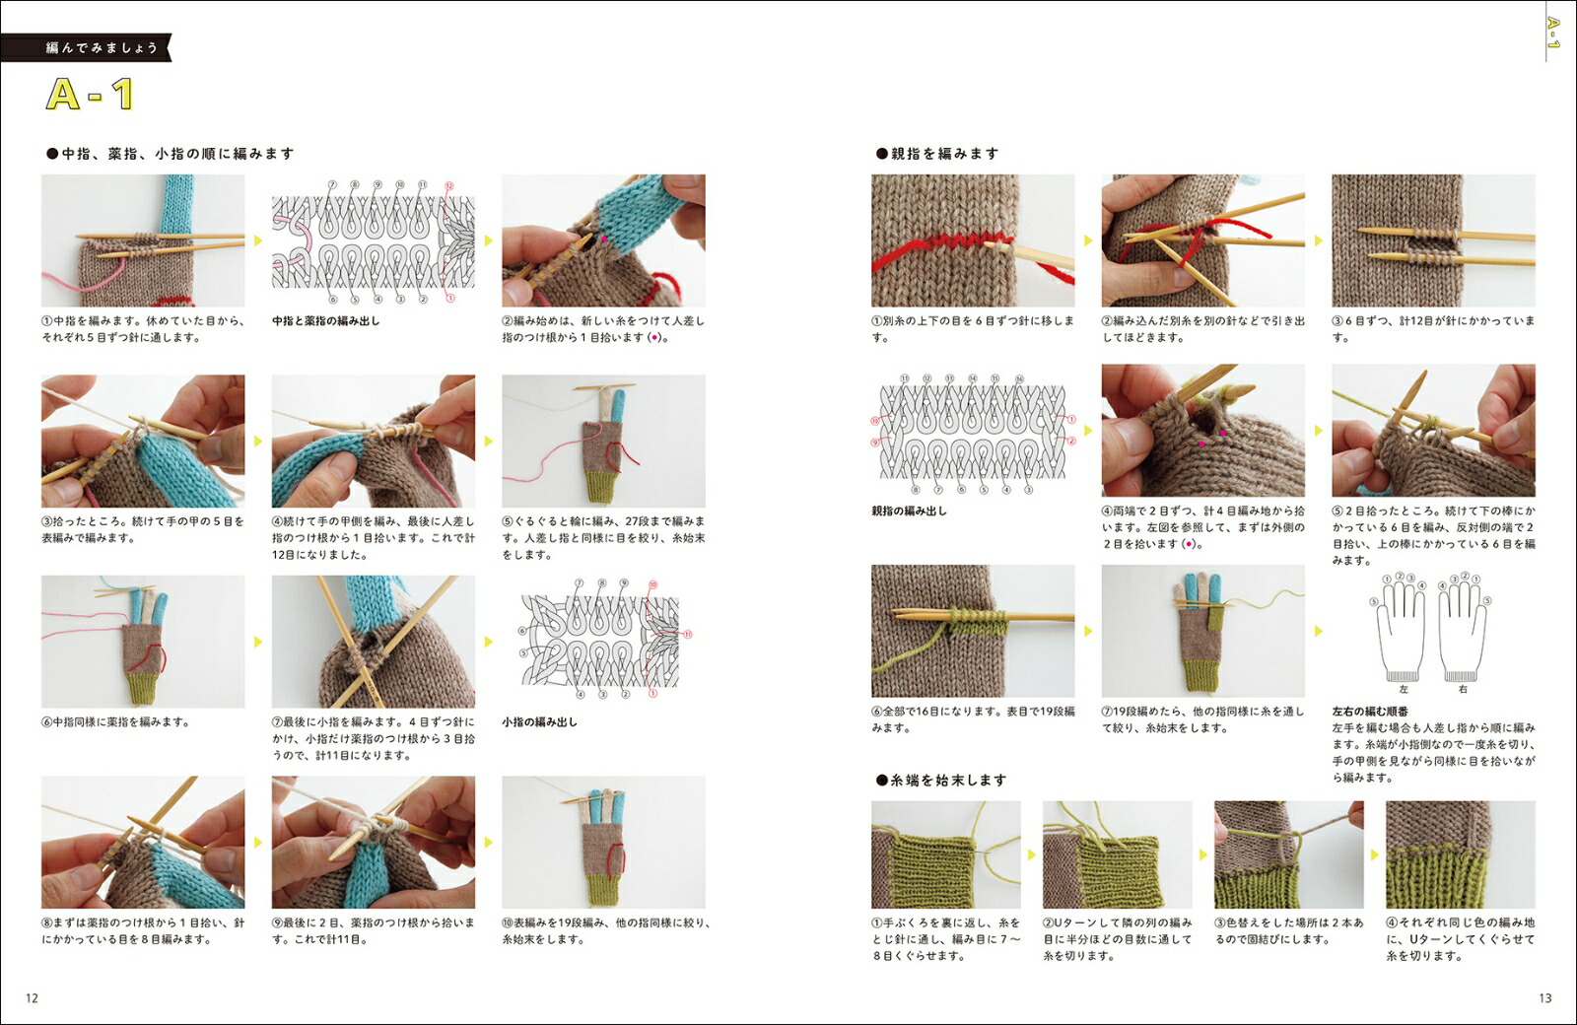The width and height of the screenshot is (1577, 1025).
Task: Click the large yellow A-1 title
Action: (x=90, y=94)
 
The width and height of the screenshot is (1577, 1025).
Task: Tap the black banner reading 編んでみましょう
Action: (x=86, y=48)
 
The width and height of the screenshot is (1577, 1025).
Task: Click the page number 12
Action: (x=32, y=997)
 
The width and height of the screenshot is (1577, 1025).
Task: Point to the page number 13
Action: (x=1544, y=997)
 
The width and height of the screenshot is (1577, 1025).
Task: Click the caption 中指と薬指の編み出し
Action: (x=326, y=321)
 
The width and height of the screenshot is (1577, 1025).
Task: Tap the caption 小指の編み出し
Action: (x=539, y=721)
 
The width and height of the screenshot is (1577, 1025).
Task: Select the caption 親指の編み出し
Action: (x=909, y=512)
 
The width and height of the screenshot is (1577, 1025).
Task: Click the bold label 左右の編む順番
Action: (x=1370, y=712)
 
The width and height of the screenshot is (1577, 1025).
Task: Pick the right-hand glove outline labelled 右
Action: (x=1462, y=630)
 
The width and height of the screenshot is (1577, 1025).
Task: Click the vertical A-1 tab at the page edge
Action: (x=1552, y=33)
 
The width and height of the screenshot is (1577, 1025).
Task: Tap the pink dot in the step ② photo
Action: (x=603, y=239)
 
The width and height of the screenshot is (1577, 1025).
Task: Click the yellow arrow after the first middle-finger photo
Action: (x=258, y=240)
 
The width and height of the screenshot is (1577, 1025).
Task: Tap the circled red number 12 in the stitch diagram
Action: (x=449, y=186)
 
